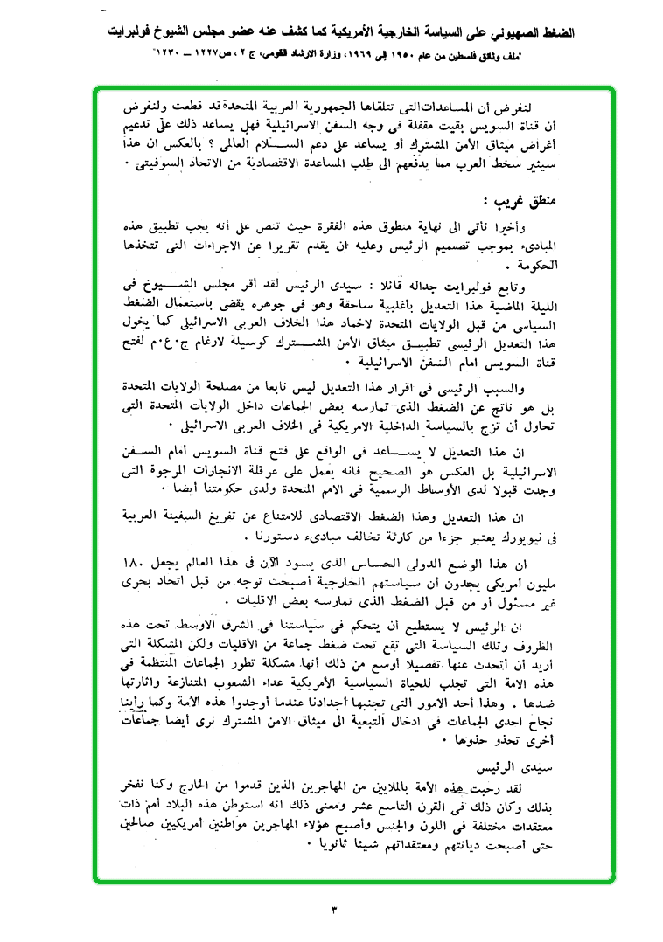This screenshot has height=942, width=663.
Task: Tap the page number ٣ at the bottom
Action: click(333, 911)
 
